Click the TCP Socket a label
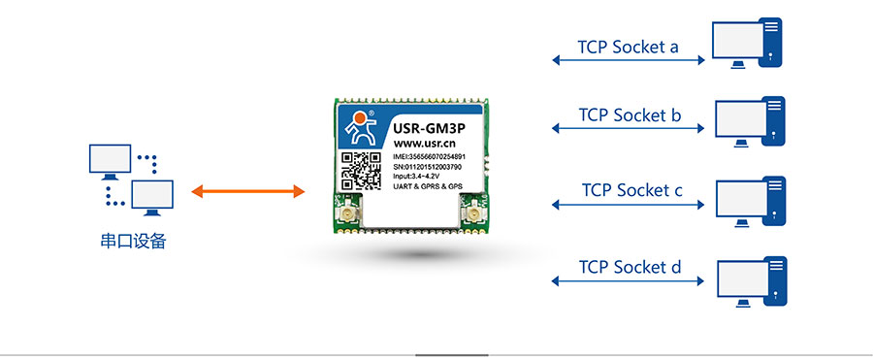(x=628, y=46)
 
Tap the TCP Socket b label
(x=630, y=115)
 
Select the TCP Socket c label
(x=631, y=189)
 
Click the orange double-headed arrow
(x=247, y=191)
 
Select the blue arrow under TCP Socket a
(x=628, y=60)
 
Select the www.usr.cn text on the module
(x=426, y=143)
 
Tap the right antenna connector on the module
(x=474, y=215)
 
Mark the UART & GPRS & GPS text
(x=434, y=185)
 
